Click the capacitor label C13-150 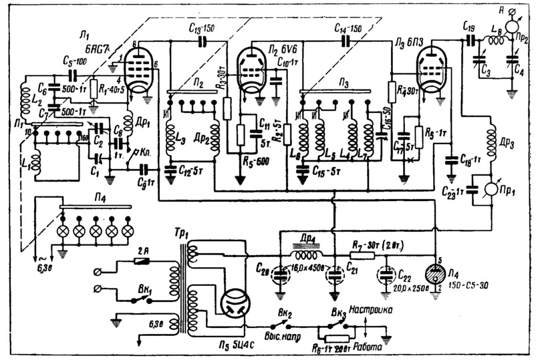click(198, 29)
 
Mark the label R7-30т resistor click(386, 246)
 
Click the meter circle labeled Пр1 click(493, 186)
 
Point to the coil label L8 click(498, 31)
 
